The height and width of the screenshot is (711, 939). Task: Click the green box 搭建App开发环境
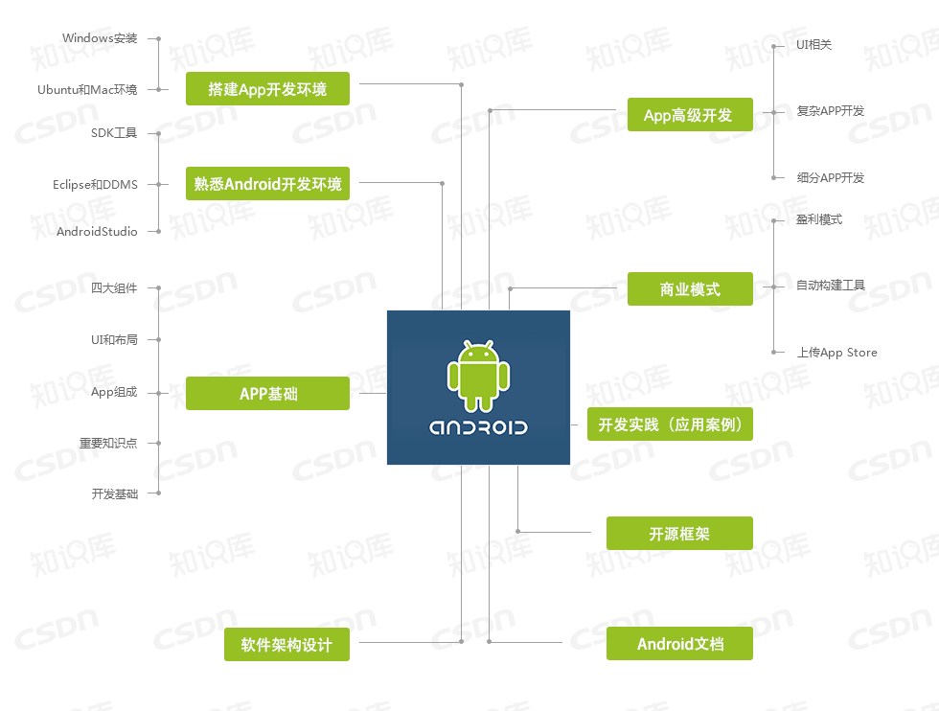(267, 89)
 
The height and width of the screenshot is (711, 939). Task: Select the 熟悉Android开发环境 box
(267, 184)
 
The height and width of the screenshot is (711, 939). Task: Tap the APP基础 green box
(267, 393)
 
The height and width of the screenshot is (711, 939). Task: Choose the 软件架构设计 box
(286, 645)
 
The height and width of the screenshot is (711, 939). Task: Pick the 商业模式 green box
(690, 288)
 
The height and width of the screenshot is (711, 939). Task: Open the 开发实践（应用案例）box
(670, 424)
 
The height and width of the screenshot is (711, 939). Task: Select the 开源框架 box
(679, 534)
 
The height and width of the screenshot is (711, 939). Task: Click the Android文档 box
(679, 644)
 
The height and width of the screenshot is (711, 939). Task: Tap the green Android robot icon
(478, 375)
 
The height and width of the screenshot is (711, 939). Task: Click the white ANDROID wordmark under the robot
(478, 427)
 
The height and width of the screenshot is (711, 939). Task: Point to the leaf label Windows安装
(100, 38)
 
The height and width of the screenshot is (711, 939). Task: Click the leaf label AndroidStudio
(97, 232)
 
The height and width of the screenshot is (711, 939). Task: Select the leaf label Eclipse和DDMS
(95, 184)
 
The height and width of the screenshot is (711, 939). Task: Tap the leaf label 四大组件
(114, 287)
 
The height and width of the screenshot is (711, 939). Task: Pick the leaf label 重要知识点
(108, 443)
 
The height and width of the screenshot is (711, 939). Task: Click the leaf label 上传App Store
(836, 353)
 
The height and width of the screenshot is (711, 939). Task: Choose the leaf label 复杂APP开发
(830, 111)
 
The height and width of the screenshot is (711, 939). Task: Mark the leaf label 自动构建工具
(830, 286)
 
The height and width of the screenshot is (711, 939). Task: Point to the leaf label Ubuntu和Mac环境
(87, 90)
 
